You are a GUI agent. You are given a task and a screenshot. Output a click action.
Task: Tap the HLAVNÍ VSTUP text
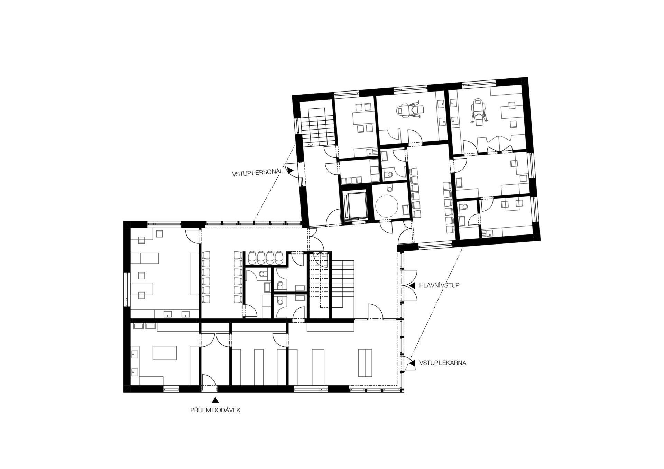439,286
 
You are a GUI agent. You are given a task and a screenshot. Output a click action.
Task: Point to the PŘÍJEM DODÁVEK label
215,410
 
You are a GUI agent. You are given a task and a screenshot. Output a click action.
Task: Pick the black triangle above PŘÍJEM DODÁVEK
215,400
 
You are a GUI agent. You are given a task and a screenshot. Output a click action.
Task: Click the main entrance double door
410,286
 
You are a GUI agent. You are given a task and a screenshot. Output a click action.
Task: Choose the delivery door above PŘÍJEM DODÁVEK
209,383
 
